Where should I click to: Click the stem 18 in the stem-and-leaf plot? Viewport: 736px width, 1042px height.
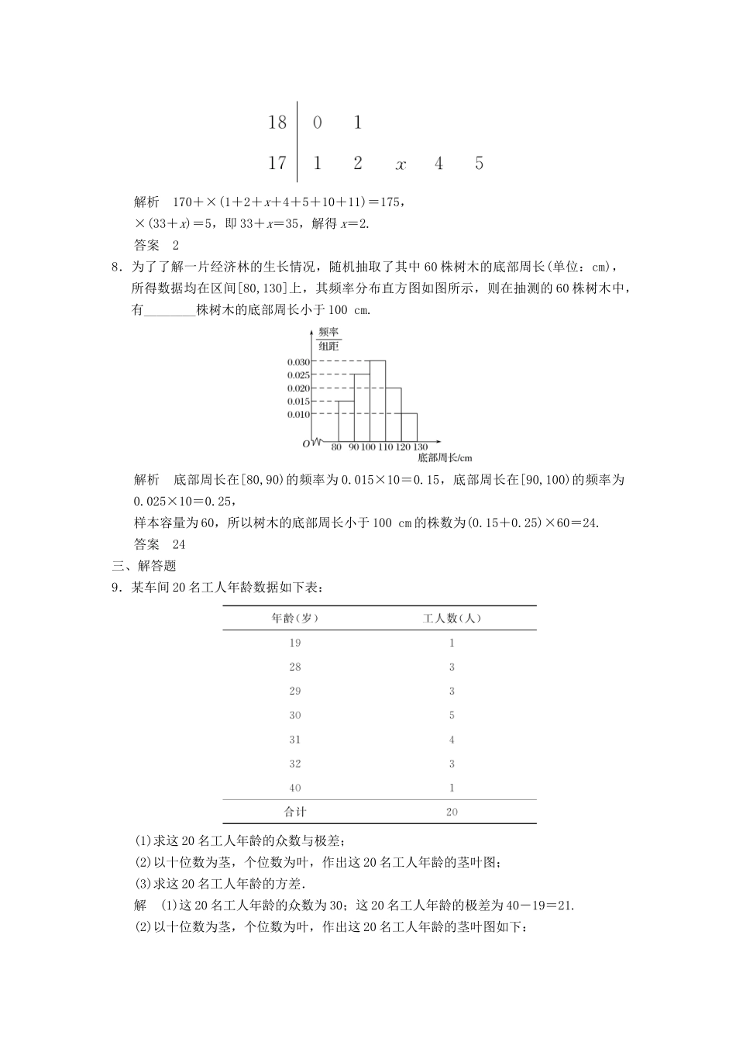pyautogui.click(x=277, y=122)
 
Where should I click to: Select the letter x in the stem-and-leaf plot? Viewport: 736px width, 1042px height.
pyautogui.click(x=401, y=164)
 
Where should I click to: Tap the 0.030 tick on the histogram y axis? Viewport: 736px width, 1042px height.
pyautogui.click(x=298, y=362)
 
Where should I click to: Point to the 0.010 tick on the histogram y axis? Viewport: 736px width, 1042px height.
pyautogui.click(x=298, y=415)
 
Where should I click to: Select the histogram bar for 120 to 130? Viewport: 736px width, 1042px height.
pyautogui.click(x=409, y=427)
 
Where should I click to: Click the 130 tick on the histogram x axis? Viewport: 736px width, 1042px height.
pyautogui.click(x=420, y=447)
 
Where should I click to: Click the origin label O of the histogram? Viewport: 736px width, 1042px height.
pyautogui.click(x=307, y=443)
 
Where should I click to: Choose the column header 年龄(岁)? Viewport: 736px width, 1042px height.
pyautogui.click(x=295, y=619)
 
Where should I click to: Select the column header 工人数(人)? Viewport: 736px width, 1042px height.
pyautogui.click(x=452, y=619)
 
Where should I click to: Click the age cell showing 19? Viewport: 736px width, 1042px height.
pyautogui.click(x=295, y=643)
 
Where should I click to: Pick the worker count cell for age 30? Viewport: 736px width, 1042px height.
pyautogui.click(x=452, y=716)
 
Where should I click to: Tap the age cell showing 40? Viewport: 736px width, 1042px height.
pyautogui.click(x=295, y=788)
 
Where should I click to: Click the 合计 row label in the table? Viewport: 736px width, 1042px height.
pyautogui.click(x=295, y=812)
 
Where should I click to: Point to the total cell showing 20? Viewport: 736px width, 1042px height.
pyautogui.click(x=452, y=812)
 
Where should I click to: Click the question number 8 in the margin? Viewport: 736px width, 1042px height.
pyautogui.click(x=115, y=267)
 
